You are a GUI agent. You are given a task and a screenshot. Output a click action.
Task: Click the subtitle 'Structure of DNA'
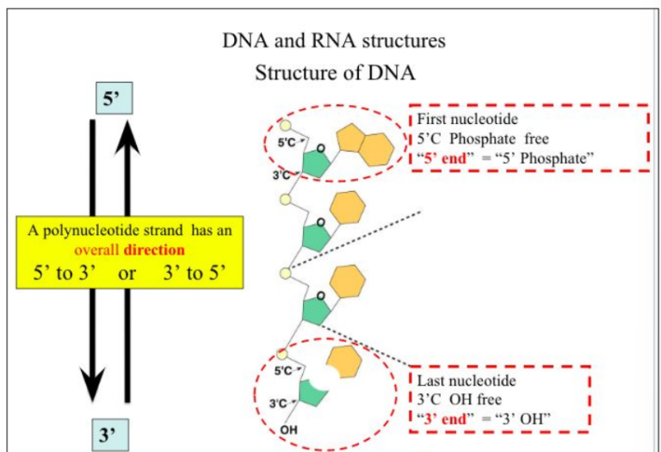336,73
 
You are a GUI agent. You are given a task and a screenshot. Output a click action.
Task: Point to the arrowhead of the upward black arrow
128,133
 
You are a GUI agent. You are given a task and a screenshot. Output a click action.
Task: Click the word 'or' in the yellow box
129,275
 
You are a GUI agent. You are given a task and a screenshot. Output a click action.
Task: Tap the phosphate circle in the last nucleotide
281,355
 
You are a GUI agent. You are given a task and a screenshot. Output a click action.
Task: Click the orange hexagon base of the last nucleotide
343,362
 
